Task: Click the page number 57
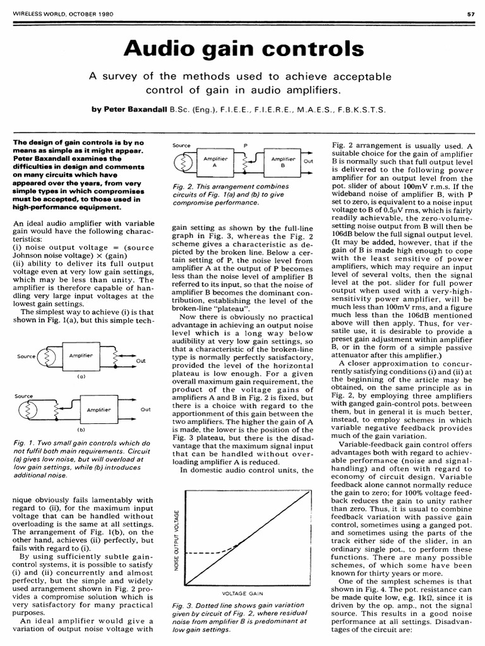tap(470, 15)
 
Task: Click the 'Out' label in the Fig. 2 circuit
tap(309, 161)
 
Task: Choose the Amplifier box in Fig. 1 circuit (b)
tap(99, 410)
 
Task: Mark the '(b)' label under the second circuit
tap(81, 430)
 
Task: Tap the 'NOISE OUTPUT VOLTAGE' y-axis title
tap(176, 537)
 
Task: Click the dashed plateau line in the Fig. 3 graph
tap(205, 552)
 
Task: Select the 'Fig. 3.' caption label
tap(183, 605)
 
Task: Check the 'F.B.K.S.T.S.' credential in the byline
tap(361, 109)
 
